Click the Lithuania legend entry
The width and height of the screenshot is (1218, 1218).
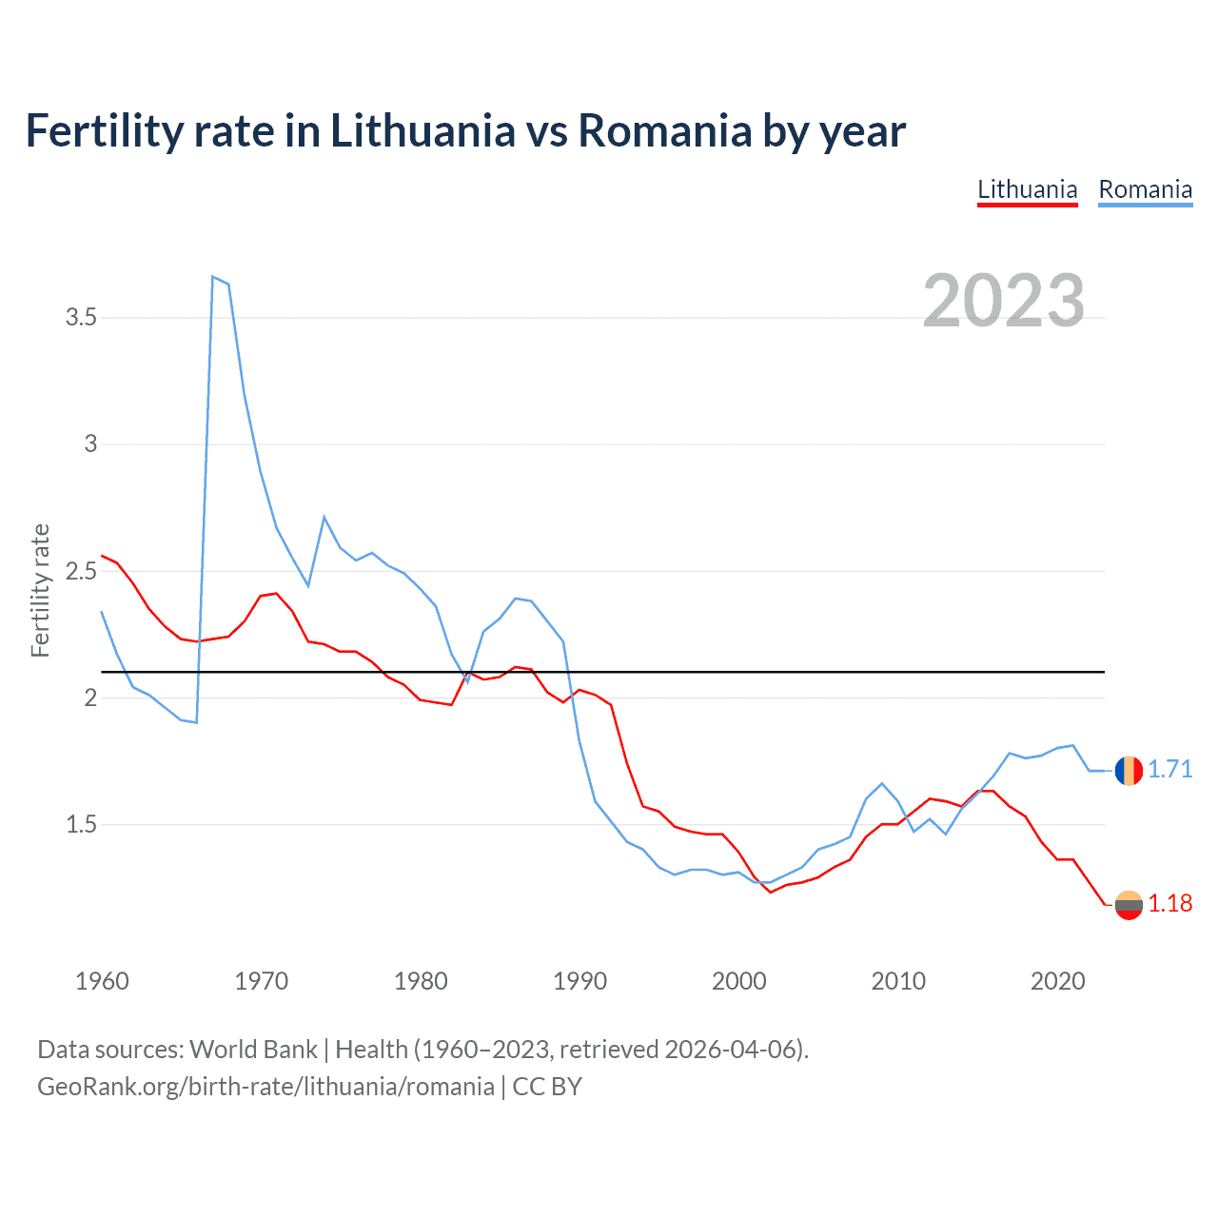pos(1027,189)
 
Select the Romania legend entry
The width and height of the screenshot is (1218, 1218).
pos(1145,189)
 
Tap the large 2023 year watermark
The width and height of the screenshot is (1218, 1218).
pos(1004,301)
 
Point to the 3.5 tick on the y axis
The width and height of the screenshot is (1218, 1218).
pos(81,317)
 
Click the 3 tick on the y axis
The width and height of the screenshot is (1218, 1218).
pos(90,443)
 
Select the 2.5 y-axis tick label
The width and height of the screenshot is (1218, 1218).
pos(81,571)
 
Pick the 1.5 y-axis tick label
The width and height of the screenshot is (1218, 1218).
pos(81,824)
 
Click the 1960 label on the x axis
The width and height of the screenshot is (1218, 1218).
pos(102,981)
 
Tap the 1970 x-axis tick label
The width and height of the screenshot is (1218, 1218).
pos(261,981)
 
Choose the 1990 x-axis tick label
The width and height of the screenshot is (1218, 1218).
pos(580,981)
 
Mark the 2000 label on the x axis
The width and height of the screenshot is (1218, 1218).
pos(738,981)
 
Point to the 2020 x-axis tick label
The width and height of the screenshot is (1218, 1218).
pos(1057,981)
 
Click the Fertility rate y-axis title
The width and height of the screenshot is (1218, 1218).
pos(40,590)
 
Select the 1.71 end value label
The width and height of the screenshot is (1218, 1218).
pos(1169,769)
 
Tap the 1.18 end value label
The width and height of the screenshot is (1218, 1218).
pos(1169,903)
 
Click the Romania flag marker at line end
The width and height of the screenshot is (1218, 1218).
pos(1129,770)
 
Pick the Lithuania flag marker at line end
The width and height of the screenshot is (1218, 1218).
pos(1129,905)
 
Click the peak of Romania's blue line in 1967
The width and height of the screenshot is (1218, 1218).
pos(212,277)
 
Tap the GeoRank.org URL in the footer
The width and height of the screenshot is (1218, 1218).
pos(265,1087)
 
